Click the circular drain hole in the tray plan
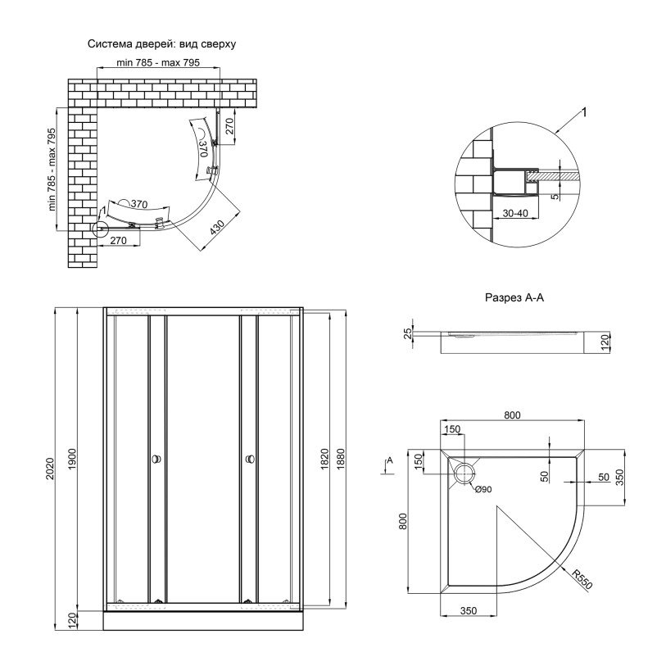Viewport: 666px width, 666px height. click(x=464, y=472)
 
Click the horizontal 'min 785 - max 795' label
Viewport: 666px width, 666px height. click(x=158, y=63)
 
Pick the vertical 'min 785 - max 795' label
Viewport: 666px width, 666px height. click(x=52, y=170)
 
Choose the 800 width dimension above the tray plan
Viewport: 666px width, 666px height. click(x=511, y=415)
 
